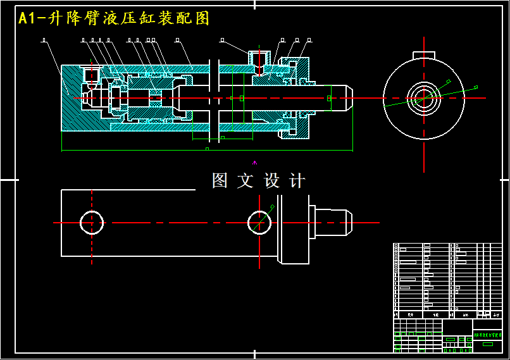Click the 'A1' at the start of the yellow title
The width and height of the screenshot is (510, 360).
click(27, 18)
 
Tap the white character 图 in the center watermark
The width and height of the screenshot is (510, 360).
click(220, 181)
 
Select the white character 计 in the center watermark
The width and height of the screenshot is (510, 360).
click(296, 181)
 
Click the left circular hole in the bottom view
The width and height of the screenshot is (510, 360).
click(92, 223)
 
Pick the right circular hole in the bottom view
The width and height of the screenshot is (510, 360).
click(259, 222)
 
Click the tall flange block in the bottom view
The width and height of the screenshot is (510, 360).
click(293, 229)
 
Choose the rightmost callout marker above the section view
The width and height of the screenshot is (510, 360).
click(308, 40)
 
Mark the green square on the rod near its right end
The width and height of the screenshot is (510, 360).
click(328, 98)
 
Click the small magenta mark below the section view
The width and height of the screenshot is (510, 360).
click(255, 163)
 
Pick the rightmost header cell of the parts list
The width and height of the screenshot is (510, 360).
click(497, 314)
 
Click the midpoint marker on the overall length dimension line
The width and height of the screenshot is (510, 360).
click(207, 150)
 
